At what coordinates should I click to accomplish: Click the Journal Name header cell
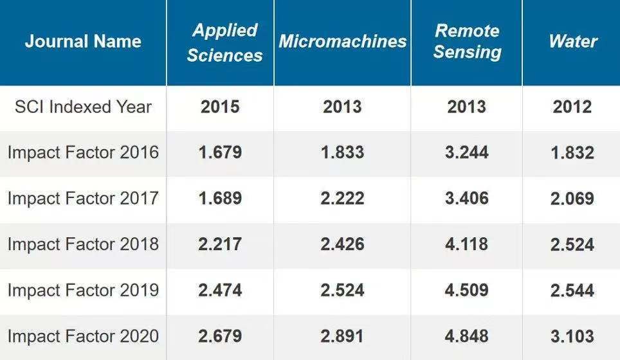point(83,42)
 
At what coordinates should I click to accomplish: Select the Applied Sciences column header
point(224,42)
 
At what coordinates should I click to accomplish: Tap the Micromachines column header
point(342,42)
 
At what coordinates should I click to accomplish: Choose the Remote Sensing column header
point(466,41)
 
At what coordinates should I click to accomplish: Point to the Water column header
point(572,42)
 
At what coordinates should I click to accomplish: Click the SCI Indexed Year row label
point(83,107)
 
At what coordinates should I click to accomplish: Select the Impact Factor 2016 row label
point(83,153)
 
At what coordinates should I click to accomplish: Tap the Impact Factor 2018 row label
point(83,244)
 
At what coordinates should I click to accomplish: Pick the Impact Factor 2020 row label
point(83,336)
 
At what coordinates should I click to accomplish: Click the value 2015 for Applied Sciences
point(220,107)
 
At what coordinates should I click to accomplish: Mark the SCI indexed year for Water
point(572,107)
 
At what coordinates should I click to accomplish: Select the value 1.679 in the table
point(220,153)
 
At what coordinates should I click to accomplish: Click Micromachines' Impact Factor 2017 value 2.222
point(342,199)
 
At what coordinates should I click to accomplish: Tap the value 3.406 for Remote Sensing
point(466,199)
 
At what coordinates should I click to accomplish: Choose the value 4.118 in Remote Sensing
point(466,244)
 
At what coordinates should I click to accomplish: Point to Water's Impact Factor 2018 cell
point(572,244)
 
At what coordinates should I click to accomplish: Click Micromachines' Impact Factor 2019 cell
point(342,291)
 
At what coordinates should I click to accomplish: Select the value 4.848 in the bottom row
point(466,336)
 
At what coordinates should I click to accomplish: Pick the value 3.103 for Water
point(572,336)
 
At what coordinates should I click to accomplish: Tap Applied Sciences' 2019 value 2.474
point(220,291)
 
